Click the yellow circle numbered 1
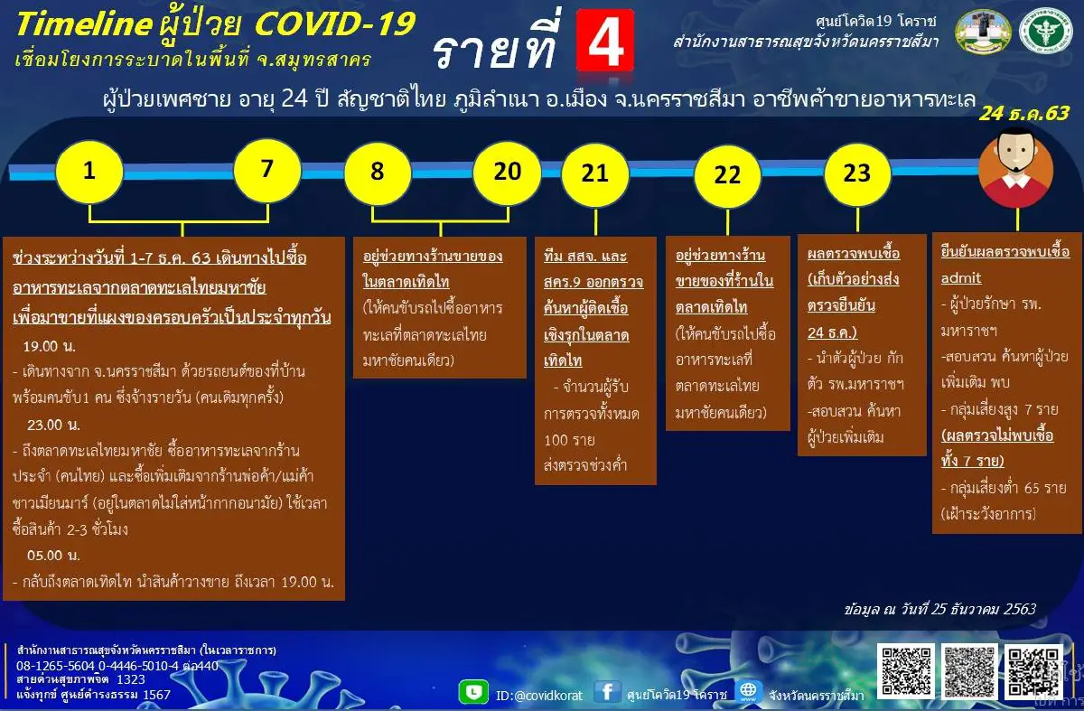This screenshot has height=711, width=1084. click(89, 171)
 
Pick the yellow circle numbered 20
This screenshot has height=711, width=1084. click(506, 171)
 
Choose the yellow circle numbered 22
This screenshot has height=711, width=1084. click(727, 174)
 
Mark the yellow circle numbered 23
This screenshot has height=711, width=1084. click(856, 173)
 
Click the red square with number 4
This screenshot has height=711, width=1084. click(604, 41)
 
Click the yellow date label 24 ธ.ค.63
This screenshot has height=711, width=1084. click(1024, 113)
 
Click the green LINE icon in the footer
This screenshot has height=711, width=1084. click(473, 692)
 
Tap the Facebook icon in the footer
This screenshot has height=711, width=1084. click(608, 692)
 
